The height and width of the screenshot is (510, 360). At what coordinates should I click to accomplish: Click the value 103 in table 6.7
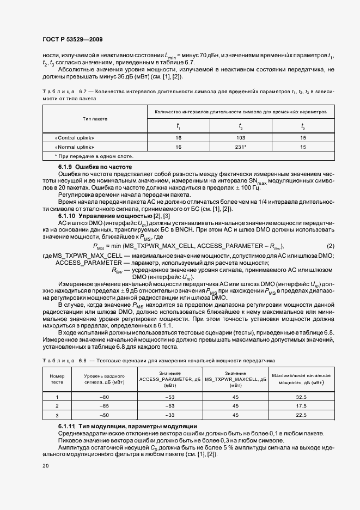[240, 138]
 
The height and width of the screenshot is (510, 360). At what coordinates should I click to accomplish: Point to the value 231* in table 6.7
[240, 147]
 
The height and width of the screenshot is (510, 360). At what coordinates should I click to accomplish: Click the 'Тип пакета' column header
[95, 118]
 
